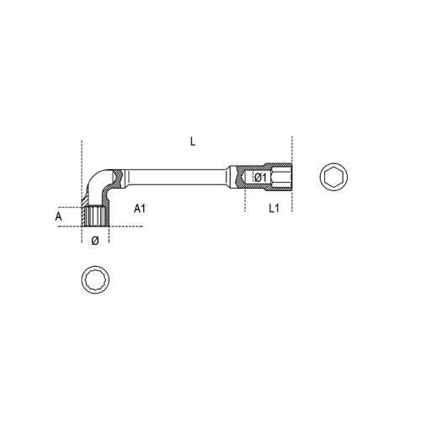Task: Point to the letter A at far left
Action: tap(58, 216)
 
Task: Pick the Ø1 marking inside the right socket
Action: tap(260, 178)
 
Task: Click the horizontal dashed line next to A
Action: tap(72, 205)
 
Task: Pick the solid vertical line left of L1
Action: tap(245, 198)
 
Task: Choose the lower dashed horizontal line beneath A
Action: tap(72, 228)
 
